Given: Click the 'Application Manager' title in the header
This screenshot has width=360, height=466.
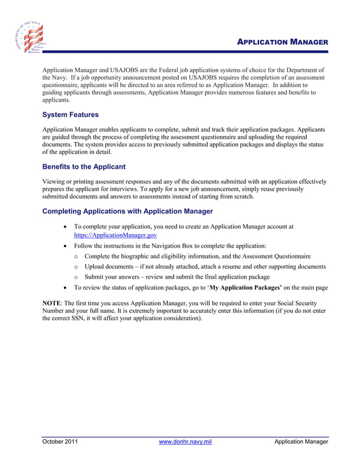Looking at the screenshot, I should pos(282,42).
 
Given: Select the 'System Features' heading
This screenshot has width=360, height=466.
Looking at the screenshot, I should pos(71,115).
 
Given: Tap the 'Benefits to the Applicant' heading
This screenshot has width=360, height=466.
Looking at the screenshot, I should pos(84,167).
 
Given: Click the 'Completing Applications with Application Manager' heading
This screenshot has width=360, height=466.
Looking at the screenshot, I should pos(128,211).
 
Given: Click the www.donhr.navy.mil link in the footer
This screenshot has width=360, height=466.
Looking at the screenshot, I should pos(186,442).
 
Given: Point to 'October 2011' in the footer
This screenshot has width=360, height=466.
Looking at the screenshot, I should pos(60,442).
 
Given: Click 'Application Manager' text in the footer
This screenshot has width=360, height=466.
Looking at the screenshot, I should pos(301,442).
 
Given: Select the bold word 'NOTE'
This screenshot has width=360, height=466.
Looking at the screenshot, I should pos(52,303).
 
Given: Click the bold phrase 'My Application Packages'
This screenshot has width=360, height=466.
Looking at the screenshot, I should pos(245,288).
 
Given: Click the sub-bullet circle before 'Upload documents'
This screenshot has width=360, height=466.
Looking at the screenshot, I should pos(76,266).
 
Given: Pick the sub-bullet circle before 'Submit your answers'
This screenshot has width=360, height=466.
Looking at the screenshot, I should pos(76,277).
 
